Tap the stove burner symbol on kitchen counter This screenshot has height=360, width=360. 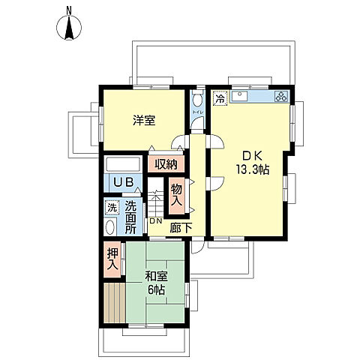[x=281, y=97]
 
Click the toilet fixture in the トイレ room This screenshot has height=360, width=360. [x=197, y=100]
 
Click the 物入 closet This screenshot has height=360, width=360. [x=177, y=196]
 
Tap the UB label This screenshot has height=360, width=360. [x=122, y=182]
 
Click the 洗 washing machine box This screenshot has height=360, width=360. [x=111, y=208]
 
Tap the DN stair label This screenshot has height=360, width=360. [x=154, y=221]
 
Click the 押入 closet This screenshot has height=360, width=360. [x=112, y=260]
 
